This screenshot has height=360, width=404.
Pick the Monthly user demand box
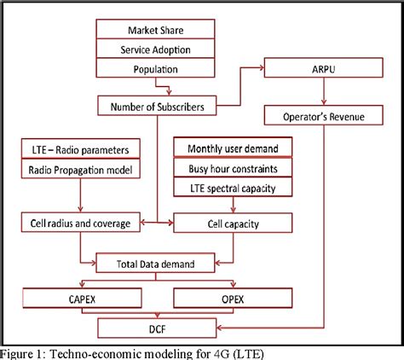(x=232, y=148)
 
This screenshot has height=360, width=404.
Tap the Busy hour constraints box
(x=232, y=166)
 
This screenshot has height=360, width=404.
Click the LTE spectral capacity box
(x=232, y=186)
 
